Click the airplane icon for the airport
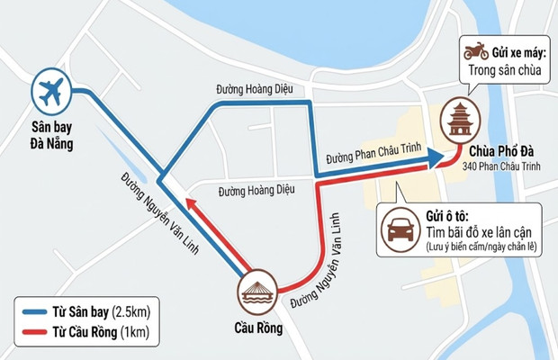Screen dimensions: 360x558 pyautogui.click(x=51, y=91)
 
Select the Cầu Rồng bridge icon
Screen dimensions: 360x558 pyautogui.click(x=256, y=292)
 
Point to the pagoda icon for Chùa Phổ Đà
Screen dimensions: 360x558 pyautogui.click(x=460, y=121)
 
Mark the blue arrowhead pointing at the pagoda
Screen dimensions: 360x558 pyautogui.click(x=435, y=159)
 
